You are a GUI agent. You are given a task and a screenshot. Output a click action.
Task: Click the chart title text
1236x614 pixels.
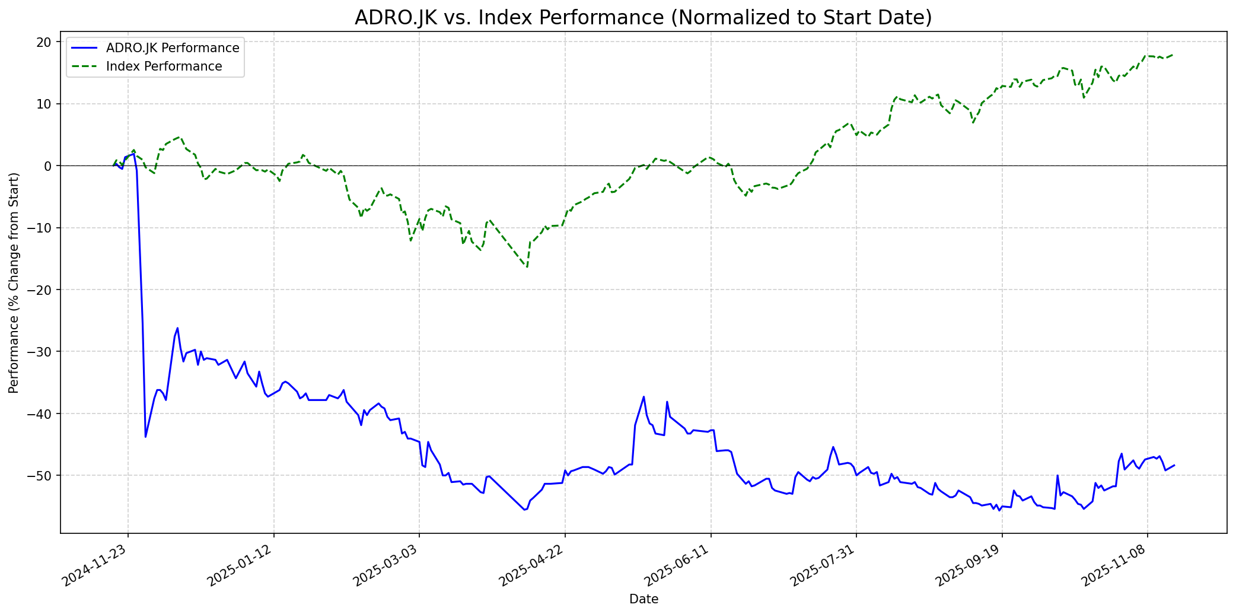pos(643,18)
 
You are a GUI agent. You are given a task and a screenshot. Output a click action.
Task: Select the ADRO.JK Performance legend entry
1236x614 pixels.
pos(172,48)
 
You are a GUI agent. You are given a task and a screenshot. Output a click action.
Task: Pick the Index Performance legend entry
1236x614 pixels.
pos(164,66)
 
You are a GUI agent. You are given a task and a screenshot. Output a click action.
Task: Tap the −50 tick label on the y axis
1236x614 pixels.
pos(40,476)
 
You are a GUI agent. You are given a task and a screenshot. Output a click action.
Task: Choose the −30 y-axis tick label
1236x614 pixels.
pos(40,352)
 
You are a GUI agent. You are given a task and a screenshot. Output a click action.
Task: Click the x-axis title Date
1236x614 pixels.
pos(644,600)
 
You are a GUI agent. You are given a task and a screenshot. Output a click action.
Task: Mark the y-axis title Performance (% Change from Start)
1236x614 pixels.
pos(14,282)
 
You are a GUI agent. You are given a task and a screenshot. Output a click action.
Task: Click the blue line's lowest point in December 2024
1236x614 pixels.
pos(145,437)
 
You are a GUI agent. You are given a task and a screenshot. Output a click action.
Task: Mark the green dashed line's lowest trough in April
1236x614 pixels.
pos(527,268)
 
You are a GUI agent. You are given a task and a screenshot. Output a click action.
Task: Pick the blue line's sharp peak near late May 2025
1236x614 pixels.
pos(644,396)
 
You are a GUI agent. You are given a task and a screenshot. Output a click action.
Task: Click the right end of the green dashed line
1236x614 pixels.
pos(1174,55)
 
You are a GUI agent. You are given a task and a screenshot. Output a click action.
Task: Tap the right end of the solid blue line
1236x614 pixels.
pos(1174,465)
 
